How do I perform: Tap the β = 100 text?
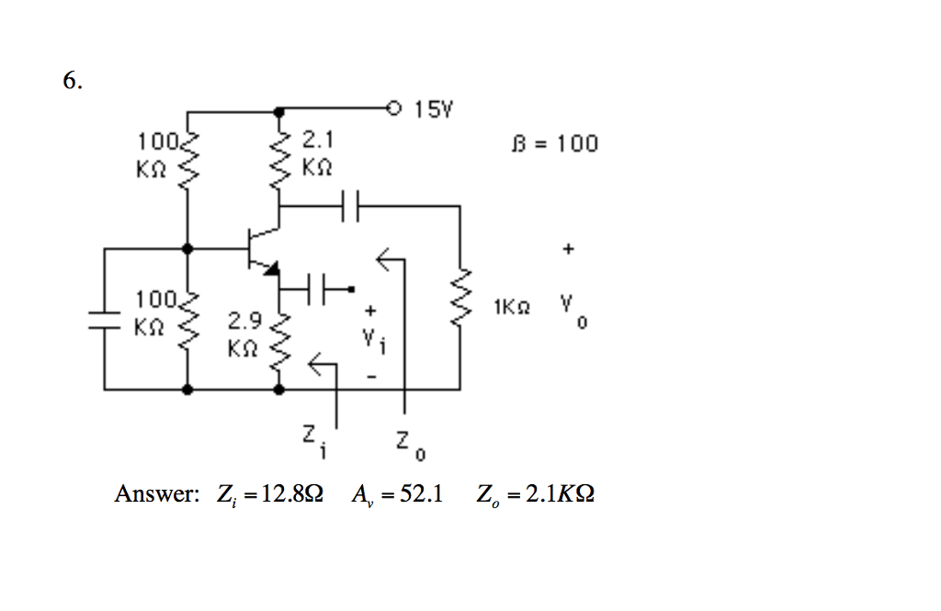pyautogui.click(x=553, y=143)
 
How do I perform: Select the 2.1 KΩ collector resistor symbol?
pyautogui.click(x=278, y=158)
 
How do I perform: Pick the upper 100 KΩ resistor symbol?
pyautogui.click(x=189, y=158)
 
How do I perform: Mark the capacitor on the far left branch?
pyautogui.click(x=104, y=318)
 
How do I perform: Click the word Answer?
pyautogui.click(x=156, y=494)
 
